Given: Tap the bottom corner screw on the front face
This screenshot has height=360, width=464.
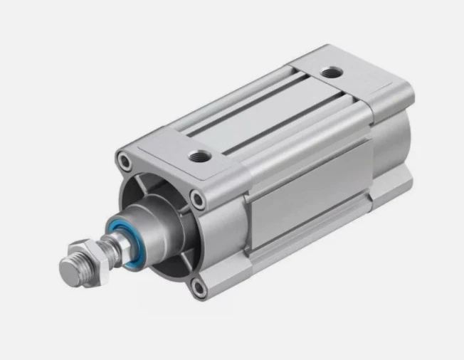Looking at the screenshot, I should click(199, 287).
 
